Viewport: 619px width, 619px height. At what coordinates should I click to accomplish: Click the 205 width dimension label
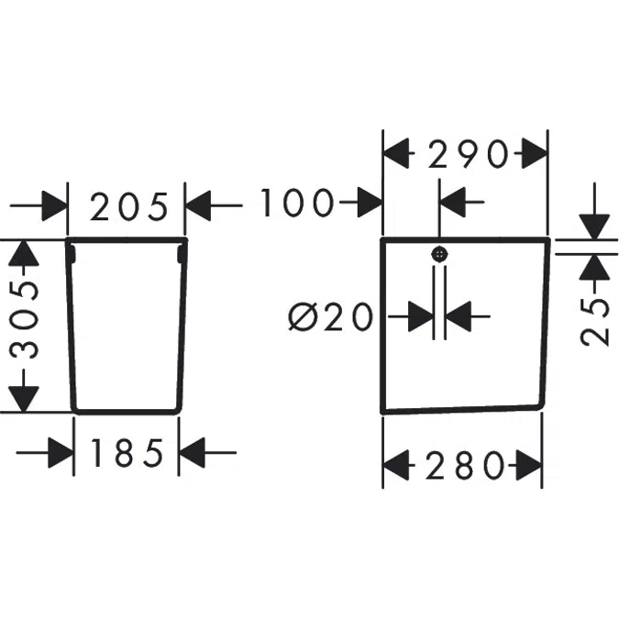pos(129,206)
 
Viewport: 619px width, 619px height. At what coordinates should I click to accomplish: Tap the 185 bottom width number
pos(127,453)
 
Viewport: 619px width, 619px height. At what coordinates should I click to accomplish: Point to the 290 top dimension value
pos(469,153)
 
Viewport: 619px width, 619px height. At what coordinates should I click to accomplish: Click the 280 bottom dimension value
pos(465,466)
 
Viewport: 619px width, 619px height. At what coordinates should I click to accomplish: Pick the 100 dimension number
pos(296,203)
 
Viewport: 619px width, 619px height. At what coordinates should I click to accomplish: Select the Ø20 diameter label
pos(331,316)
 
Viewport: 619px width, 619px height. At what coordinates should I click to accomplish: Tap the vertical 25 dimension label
pos(595,322)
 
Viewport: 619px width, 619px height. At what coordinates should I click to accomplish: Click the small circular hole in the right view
pos(439,255)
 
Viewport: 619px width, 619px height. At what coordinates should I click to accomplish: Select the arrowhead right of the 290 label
pos(535,153)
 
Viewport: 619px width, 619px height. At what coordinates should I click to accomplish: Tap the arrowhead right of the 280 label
pos(529,466)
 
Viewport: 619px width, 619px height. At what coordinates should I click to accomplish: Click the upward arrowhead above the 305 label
pos(24,253)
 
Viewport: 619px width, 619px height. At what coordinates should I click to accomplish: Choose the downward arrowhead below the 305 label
pos(24,399)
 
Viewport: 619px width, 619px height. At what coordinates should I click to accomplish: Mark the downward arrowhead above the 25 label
pos(593,227)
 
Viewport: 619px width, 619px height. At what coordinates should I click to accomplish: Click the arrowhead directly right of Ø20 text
pos(421,316)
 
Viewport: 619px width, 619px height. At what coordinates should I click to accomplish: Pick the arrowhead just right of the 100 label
pos(370,203)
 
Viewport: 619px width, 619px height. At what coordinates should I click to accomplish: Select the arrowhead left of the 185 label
pos(61,453)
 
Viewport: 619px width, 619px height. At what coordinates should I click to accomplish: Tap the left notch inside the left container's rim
pos(72,253)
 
